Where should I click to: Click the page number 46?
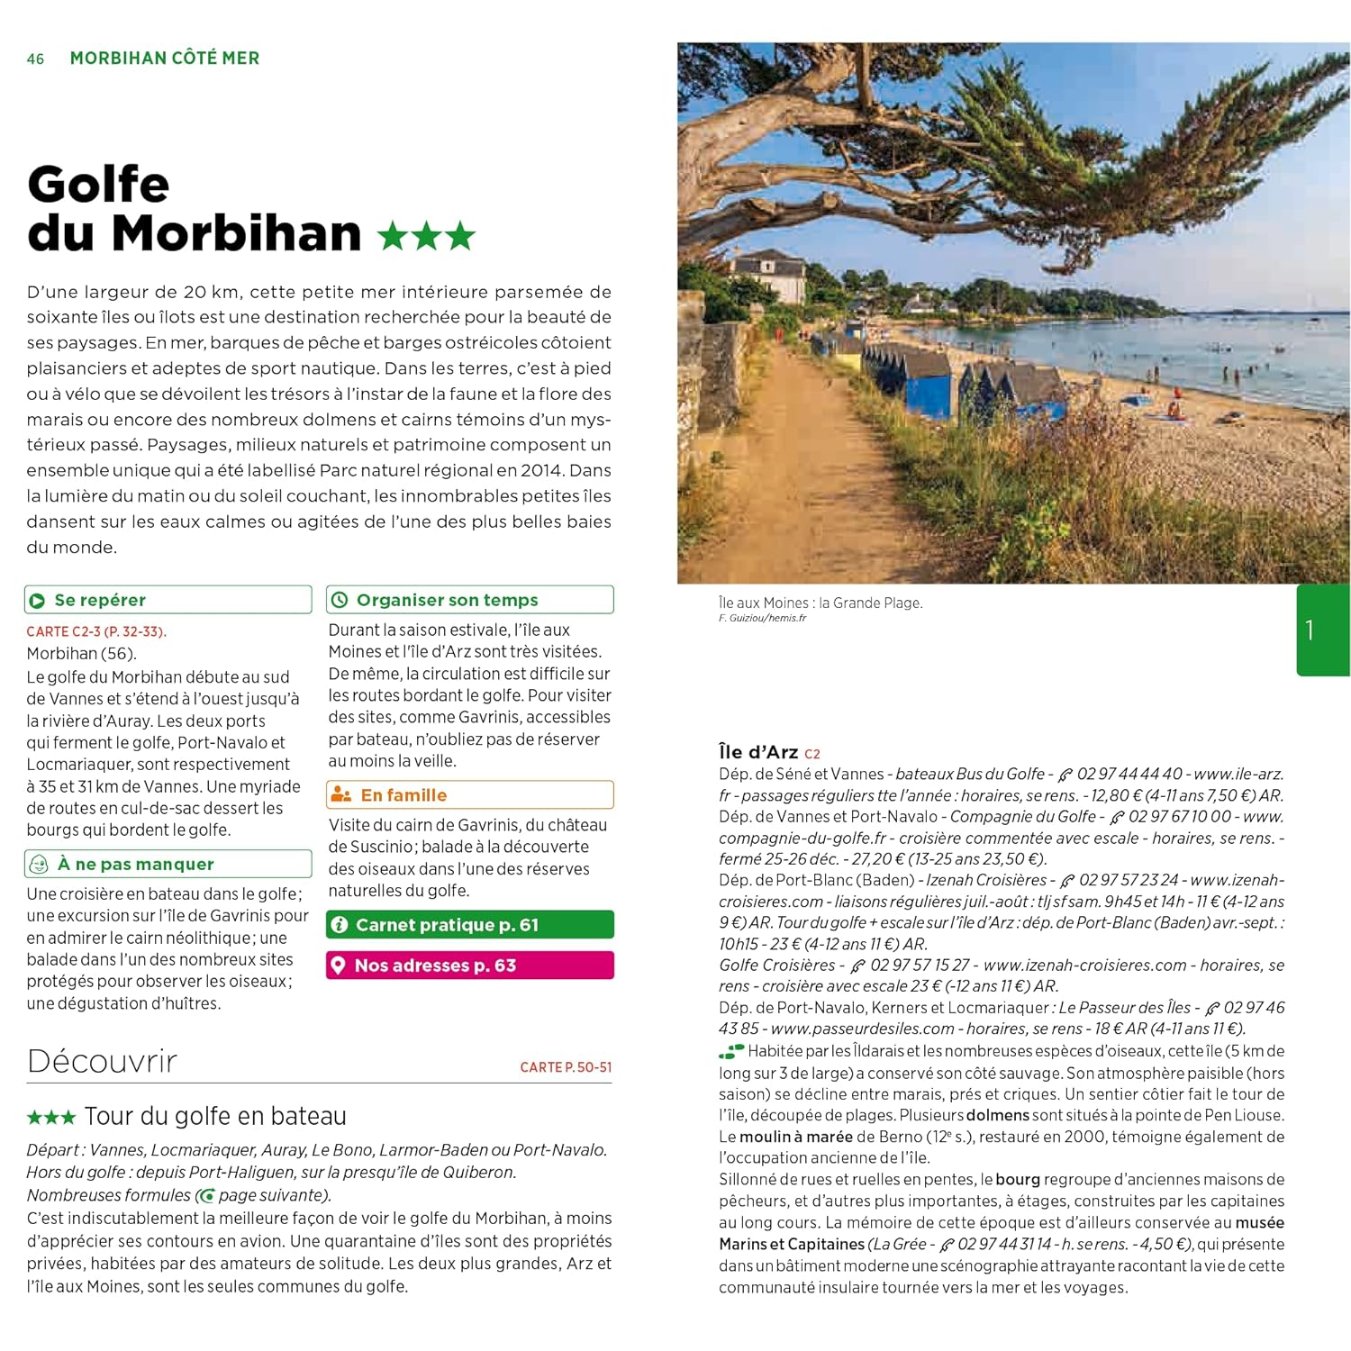[x=35, y=59]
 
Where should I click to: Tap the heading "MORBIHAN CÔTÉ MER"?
[x=165, y=59]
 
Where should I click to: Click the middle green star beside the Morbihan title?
[x=427, y=236]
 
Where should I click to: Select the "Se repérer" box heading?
[x=100, y=600]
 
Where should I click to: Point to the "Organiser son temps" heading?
[x=447, y=600]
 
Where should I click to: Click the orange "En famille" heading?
[x=403, y=795]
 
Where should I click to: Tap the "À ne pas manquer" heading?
[x=135, y=864]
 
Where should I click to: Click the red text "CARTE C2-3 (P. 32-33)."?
[x=96, y=631]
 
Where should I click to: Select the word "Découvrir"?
[x=102, y=1061]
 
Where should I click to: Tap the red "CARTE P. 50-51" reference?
[x=566, y=1067]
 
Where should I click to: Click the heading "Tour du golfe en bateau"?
[x=215, y=1117]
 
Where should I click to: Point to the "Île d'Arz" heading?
[x=758, y=752]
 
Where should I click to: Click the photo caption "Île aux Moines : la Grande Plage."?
[x=821, y=603]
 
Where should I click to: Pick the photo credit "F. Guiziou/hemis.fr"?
[x=762, y=618]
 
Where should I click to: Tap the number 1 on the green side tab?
[x=1310, y=630]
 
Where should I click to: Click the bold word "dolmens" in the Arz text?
[x=997, y=1115]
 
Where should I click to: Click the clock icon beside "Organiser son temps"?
[x=340, y=600]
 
